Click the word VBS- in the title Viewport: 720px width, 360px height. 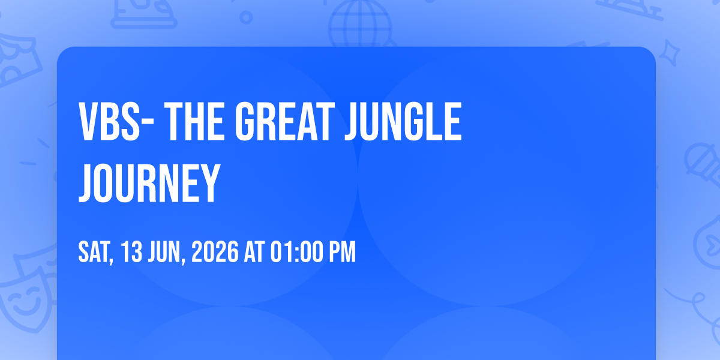[116, 121]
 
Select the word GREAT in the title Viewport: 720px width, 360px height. [285, 121]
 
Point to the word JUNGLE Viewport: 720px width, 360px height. [403, 121]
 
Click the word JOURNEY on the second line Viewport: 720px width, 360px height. [149, 183]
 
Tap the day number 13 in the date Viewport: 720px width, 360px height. [132, 252]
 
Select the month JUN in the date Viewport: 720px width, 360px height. [164, 252]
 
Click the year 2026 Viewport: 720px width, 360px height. [215, 252]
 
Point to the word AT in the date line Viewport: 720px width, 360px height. [254, 252]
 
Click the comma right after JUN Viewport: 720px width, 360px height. [183, 261]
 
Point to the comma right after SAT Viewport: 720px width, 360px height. [112, 261]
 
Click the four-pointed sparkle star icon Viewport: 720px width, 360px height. [669, 53]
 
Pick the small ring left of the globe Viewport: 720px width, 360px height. [246, 17]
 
